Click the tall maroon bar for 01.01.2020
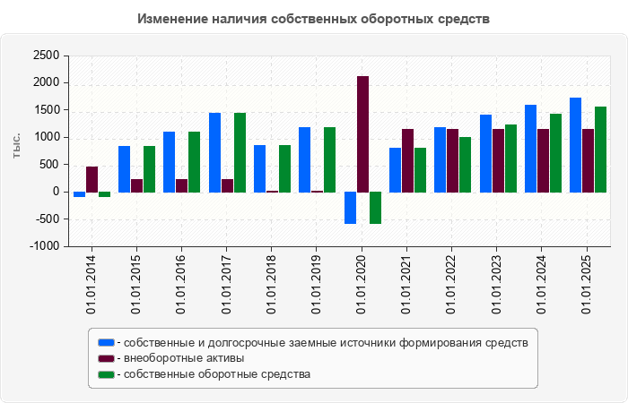pos(362,134)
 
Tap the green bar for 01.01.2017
pos(240,152)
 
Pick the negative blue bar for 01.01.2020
pos(350,208)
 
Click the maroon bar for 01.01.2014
pos(92,179)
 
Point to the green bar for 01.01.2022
pos(465,165)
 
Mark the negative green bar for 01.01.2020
pos(375,208)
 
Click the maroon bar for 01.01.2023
pos(498,160)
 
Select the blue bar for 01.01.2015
pos(124,169)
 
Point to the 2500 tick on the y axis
pos(47,56)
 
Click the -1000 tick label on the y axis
pos(45,246)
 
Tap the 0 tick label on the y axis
pos(56,192)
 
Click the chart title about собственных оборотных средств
pos(314,18)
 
